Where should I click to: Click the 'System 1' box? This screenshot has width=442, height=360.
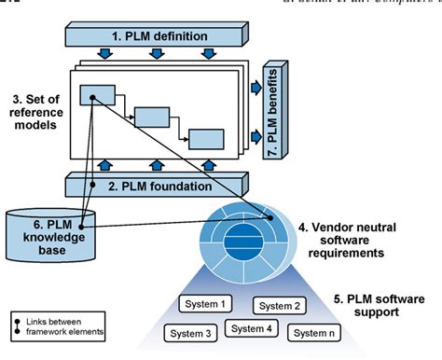(x=206, y=304)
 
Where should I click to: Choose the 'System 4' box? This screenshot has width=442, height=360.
(x=252, y=328)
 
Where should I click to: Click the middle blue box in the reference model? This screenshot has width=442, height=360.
(x=151, y=117)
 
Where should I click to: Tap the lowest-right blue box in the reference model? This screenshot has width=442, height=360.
(x=206, y=139)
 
